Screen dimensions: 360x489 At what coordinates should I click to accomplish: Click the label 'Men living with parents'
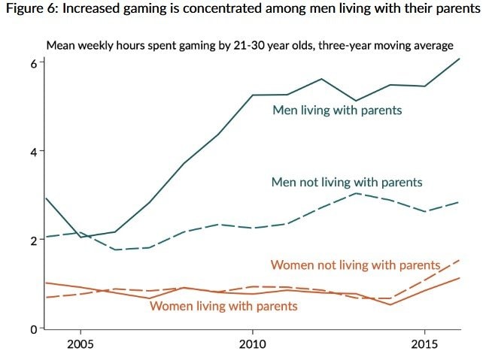pos(337,110)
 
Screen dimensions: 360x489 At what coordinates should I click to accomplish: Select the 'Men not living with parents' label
pos(346,183)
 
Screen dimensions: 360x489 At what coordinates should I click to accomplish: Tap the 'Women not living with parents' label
pos(354,265)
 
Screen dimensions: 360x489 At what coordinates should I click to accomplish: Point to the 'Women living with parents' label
pos(223,306)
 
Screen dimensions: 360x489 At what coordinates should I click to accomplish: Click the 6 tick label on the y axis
pos(34,63)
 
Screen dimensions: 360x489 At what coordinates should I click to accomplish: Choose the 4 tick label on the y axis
pos(34,151)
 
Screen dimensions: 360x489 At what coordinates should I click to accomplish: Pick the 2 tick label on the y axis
pos(34,241)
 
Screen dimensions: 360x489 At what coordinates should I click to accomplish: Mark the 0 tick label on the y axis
pos(34,329)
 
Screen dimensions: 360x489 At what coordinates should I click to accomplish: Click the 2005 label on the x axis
pos(80,345)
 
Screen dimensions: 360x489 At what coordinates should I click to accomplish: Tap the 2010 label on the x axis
pos(252,345)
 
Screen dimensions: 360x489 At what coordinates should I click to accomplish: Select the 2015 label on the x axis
pos(424,345)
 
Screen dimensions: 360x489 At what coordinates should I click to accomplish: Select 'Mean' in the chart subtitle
pos(61,45)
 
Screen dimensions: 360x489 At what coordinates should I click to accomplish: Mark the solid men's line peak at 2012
pos(321,79)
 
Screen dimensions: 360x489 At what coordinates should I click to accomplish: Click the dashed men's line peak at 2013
pos(356,193)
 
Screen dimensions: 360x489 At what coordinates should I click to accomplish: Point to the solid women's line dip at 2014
pos(390,304)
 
